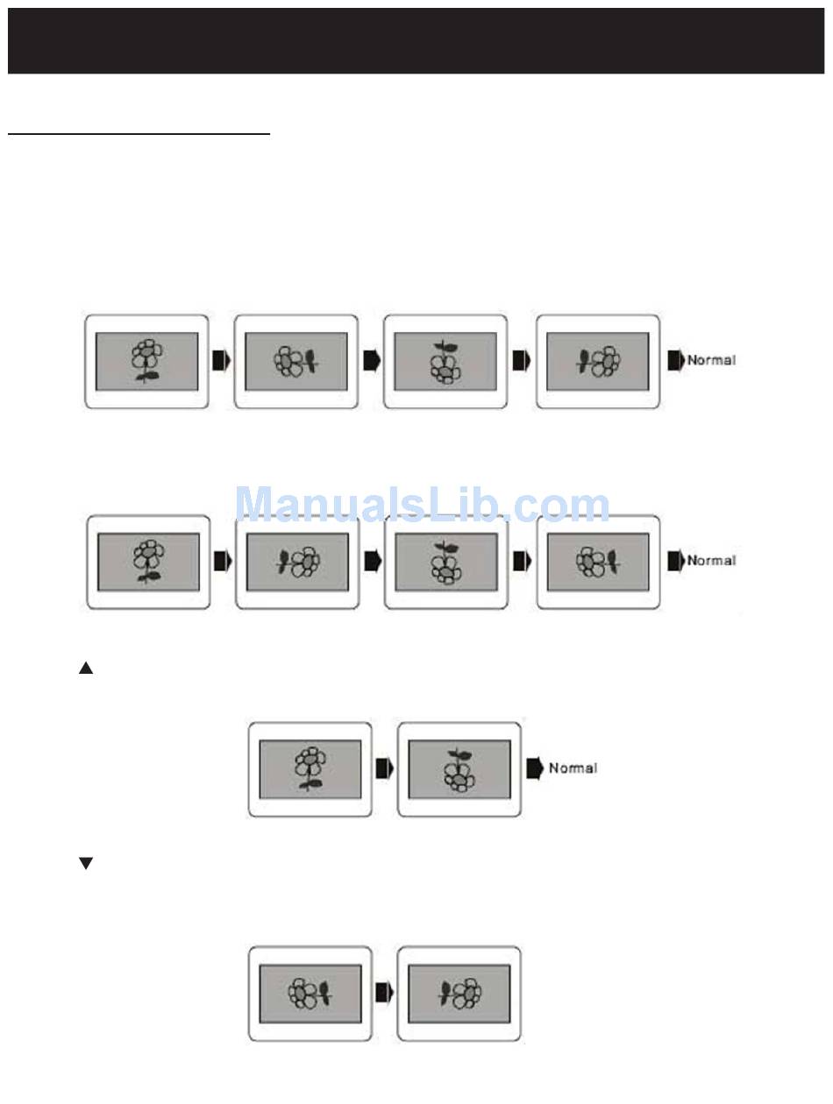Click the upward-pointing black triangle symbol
click(86, 669)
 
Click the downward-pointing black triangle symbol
click(86, 864)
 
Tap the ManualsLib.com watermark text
click(423, 506)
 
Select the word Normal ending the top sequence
click(711, 360)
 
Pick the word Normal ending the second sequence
click(711, 561)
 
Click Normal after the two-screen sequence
click(573, 768)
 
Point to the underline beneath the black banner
click(139, 135)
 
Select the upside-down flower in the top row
click(446, 361)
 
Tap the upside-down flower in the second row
click(447, 562)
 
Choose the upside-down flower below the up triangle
click(459, 768)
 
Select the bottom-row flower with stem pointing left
click(459, 993)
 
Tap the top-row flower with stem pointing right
click(296, 361)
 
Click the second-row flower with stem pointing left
click(298, 562)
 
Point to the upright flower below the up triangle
click(310, 768)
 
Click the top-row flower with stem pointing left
click(598, 361)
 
